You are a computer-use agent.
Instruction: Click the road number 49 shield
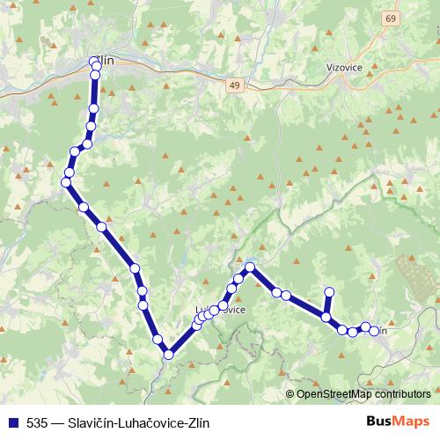point(233,84)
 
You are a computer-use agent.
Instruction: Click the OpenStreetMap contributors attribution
point(363,395)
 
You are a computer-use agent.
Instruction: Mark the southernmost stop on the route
point(167,355)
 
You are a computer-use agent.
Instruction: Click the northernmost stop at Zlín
point(95,62)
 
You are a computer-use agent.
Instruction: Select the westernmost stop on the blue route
point(65,182)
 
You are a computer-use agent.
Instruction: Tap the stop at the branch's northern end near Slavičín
point(330,291)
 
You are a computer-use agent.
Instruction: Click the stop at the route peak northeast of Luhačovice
point(250,267)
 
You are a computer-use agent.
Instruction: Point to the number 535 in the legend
point(37,422)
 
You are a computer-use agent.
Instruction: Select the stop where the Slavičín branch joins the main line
point(326,319)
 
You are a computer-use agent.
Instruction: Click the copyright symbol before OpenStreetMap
point(290,395)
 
